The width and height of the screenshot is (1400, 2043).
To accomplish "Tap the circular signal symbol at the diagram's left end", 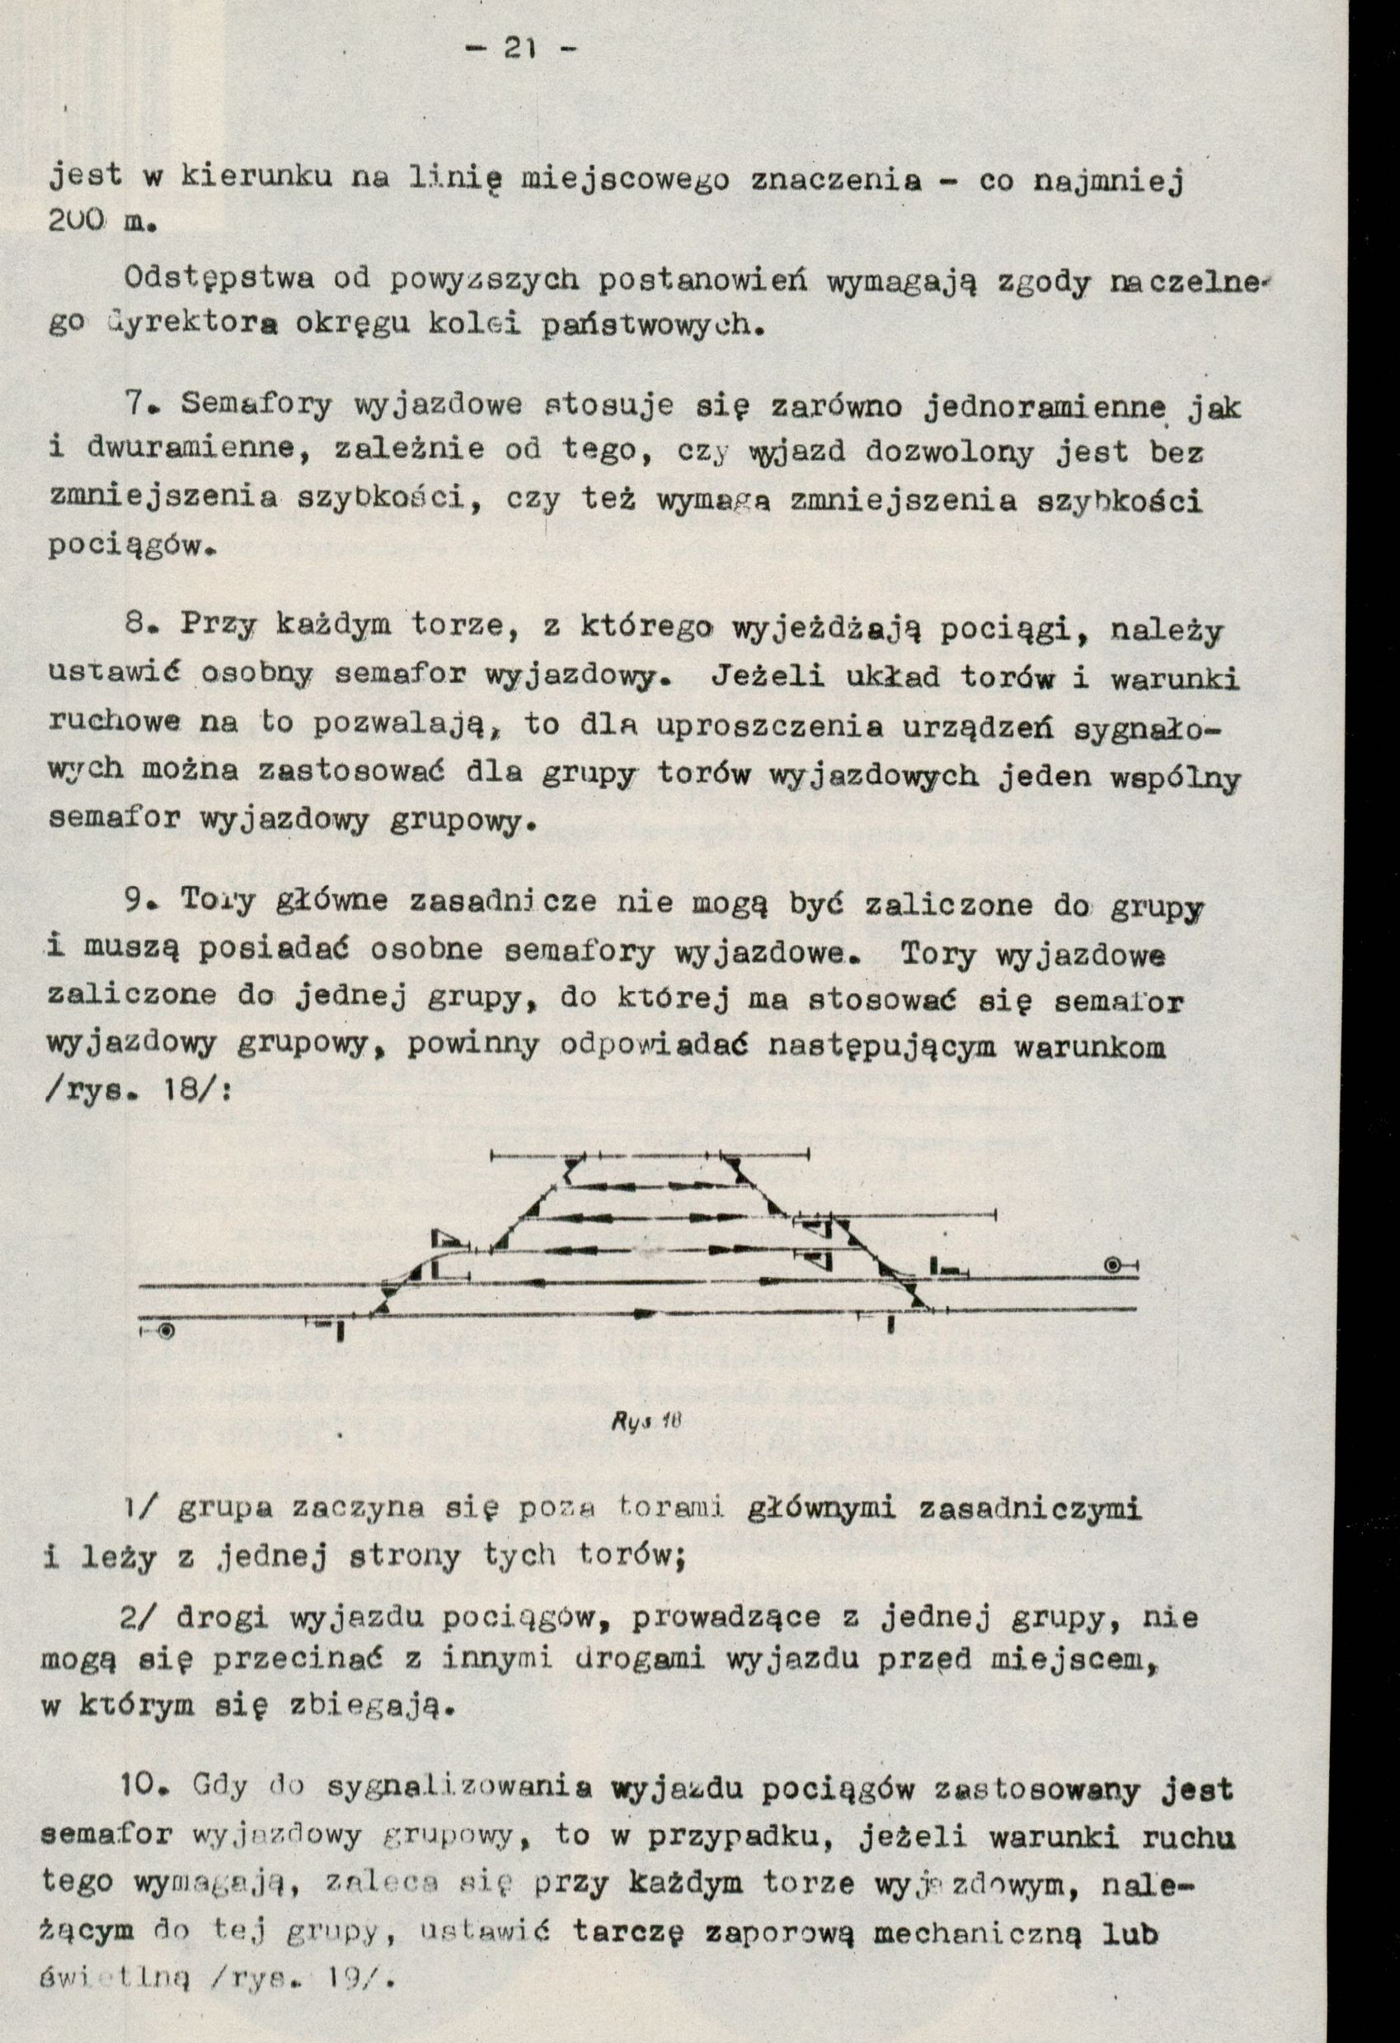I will tap(166, 1330).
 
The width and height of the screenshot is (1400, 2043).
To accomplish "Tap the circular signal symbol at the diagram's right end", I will tap(1113, 1265).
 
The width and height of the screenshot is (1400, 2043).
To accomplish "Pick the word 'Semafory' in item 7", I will tap(256, 406).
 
